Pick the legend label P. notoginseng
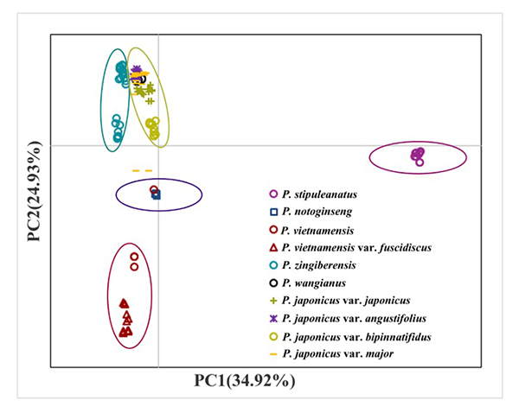click(x=325, y=212)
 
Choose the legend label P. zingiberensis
click(x=324, y=264)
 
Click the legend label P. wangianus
click(x=318, y=283)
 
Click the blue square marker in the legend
click(x=273, y=213)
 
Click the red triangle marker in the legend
click(x=273, y=247)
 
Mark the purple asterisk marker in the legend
click(x=273, y=318)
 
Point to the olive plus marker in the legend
click(x=273, y=301)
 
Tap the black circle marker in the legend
click(x=273, y=283)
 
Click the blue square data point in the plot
click(x=157, y=195)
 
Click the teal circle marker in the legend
click(x=273, y=265)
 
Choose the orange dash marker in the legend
click(x=273, y=354)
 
